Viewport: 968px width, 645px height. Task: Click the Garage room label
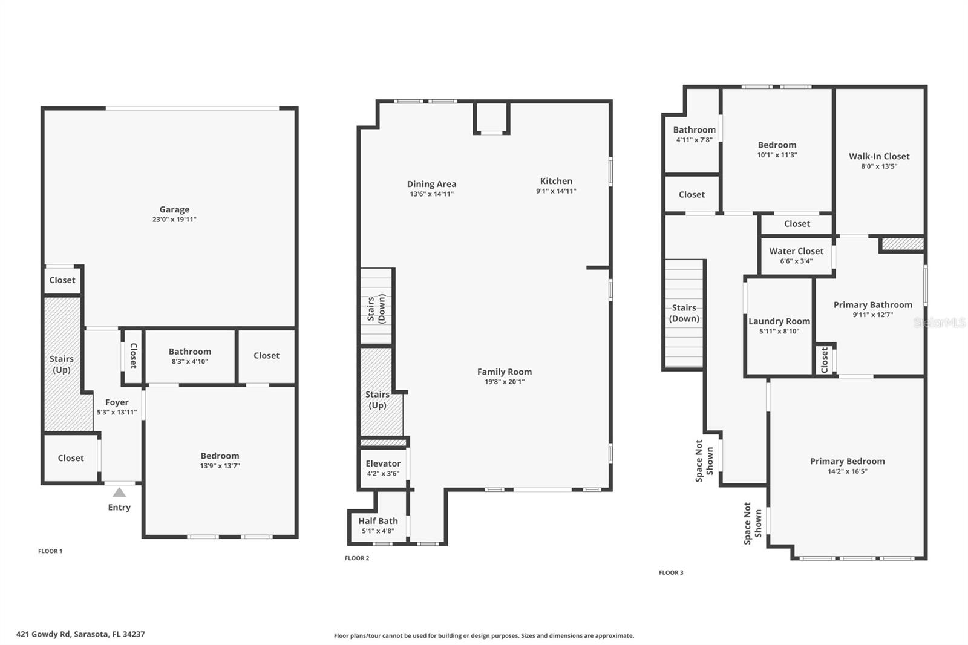[174, 210]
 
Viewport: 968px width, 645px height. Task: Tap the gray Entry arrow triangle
[119, 493]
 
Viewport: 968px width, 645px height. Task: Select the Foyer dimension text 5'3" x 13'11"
[117, 413]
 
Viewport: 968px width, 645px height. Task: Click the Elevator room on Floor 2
[384, 468]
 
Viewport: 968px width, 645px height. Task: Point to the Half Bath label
[378, 521]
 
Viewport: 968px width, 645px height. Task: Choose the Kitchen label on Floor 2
[556, 181]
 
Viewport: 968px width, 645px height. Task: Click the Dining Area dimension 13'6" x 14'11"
[432, 194]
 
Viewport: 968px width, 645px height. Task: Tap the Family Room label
[505, 372]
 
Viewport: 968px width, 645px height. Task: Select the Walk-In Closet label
[879, 157]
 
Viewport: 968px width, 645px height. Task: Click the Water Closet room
[796, 256]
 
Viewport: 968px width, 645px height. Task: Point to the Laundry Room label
[779, 322]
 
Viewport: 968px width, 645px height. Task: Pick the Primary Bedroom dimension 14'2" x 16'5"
[848, 471]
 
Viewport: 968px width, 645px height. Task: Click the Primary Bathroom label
[873, 305]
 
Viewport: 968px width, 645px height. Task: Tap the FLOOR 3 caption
[671, 573]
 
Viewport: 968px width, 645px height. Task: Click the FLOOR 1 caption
[50, 551]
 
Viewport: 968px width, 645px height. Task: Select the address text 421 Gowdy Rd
[43, 634]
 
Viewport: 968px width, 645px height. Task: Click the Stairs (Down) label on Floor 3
[684, 313]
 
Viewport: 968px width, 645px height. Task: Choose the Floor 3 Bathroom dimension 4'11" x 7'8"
[694, 140]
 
